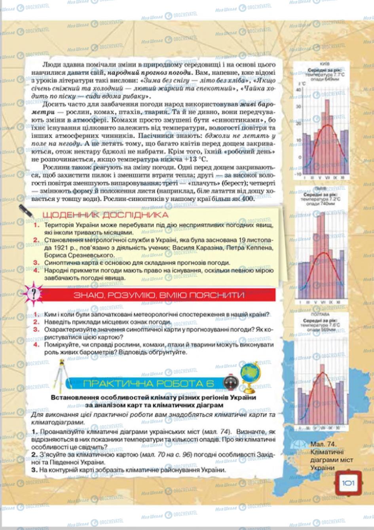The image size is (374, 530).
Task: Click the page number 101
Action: [x=348, y=482]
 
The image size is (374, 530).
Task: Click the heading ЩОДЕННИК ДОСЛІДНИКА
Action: [x=105, y=215]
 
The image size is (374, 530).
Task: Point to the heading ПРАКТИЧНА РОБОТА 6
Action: [x=148, y=383]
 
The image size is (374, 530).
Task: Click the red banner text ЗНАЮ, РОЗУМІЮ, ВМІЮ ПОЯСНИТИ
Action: [x=159, y=295]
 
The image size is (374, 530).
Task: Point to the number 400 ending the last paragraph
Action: [x=246, y=199]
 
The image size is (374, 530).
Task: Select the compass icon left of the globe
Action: [x=230, y=383]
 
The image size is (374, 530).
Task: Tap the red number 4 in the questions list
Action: [x=36, y=345]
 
